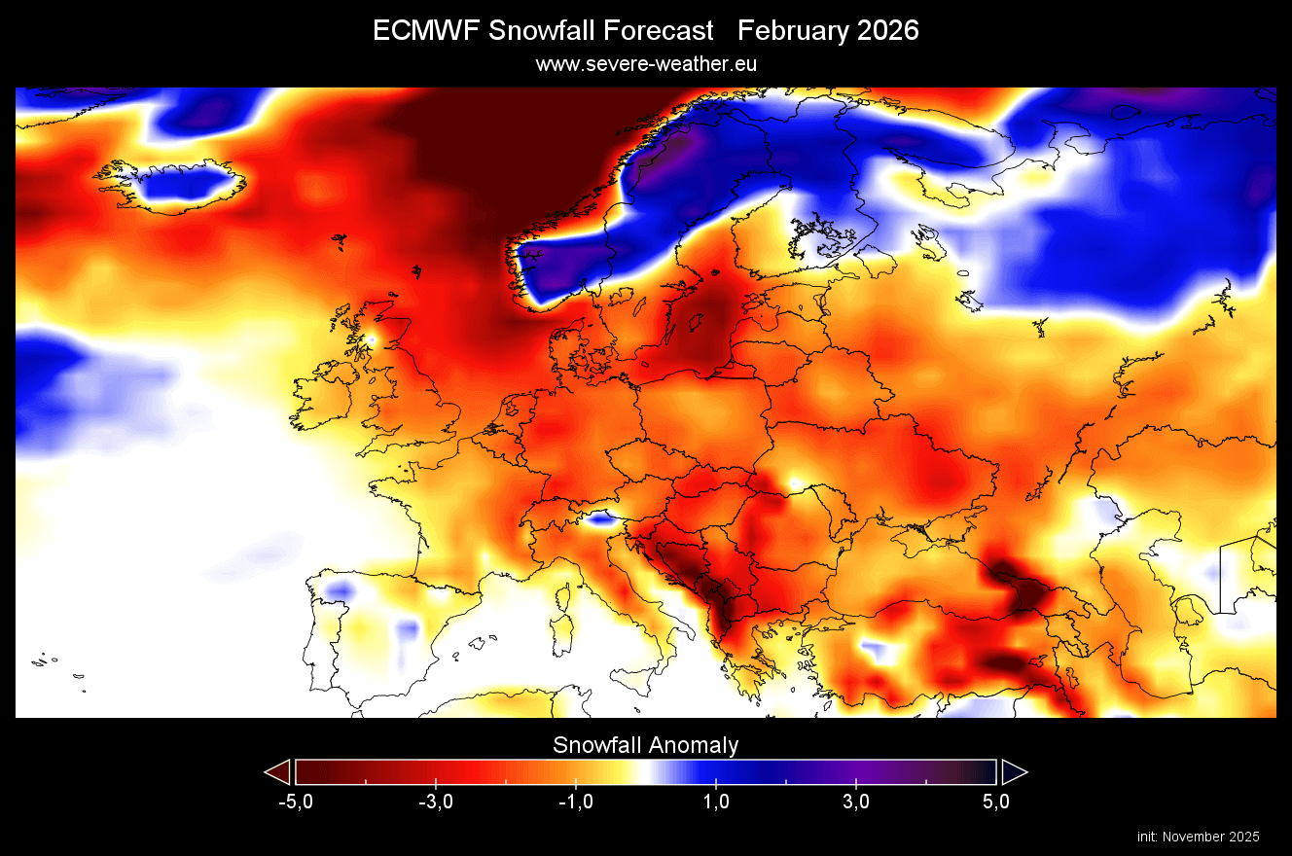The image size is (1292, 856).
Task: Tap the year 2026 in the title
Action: (x=882, y=31)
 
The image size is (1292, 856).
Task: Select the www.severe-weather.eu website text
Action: (x=646, y=63)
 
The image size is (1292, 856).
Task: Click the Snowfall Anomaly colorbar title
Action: (x=646, y=745)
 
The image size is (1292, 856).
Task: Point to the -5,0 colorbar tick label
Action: (x=295, y=802)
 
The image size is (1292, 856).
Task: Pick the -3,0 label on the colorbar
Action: (x=435, y=802)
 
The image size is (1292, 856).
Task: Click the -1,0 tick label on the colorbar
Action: (x=575, y=802)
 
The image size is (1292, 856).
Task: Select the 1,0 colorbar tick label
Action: (x=716, y=802)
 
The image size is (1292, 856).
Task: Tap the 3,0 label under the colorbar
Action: (x=856, y=802)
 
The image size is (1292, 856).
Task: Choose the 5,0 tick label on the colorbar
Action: (x=996, y=802)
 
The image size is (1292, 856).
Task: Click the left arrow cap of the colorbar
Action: (x=278, y=772)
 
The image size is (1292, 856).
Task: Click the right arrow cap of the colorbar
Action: (x=1014, y=772)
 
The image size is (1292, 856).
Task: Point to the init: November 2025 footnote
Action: (x=1198, y=837)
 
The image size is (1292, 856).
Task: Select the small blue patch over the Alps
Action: (x=601, y=519)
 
